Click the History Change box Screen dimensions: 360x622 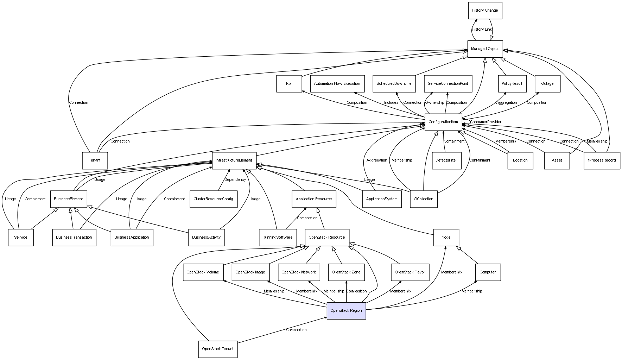tap(485, 11)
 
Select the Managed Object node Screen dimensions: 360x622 tap(485, 49)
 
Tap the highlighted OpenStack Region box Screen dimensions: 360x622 tap(346, 310)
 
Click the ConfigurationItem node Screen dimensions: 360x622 tap(443, 122)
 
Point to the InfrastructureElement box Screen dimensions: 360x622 tap(234, 160)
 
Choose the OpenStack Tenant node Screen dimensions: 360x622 tap(217, 349)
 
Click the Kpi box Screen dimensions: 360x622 tap(289, 83)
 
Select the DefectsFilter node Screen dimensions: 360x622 tap(446, 160)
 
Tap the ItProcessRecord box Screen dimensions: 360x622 tap(602, 160)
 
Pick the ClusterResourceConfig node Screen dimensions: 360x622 tap(213, 199)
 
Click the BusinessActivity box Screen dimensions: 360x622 tap(207, 237)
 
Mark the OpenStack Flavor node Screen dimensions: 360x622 tap(410, 272)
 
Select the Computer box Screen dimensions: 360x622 tap(488, 272)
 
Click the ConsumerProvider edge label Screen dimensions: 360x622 tap(485, 122)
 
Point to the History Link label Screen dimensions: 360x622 tap(482, 30)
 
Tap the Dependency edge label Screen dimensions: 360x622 tap(235, 179)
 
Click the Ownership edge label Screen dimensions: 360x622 tap(434, 102)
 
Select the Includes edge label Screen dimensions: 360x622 tap(391, 102)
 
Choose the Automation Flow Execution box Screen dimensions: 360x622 tap(337, 83)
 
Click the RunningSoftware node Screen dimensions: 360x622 tap(278, 237)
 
